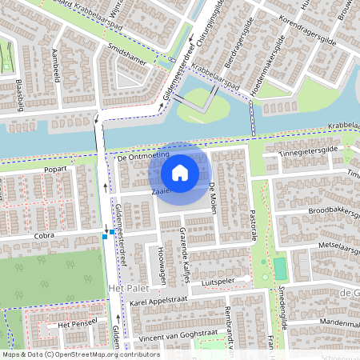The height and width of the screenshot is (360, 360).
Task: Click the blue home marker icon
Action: pos(180,172)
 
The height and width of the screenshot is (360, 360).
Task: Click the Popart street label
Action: pos(56,170)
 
